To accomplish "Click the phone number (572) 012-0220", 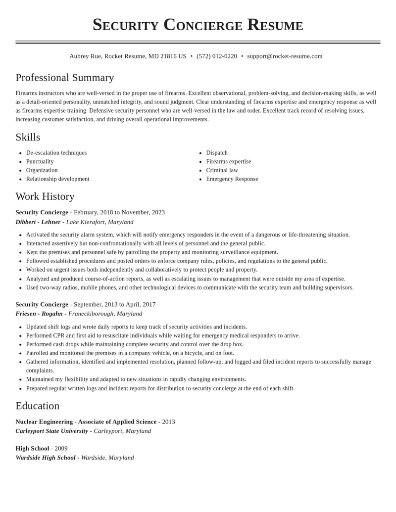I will (217, 56).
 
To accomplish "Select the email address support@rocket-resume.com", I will (285, 56).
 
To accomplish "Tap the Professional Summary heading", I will (65, 78).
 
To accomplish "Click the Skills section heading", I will (28, 137).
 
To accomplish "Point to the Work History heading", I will (45, 196).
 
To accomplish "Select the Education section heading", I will (38, 406).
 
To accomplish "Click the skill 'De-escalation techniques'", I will (56, 153).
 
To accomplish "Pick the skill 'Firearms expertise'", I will (229, 162).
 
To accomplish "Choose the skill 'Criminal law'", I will (222, 170).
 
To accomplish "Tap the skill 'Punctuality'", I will (40, 162).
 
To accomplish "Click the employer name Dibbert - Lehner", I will (38, 222).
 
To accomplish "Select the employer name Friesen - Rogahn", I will (39, 314).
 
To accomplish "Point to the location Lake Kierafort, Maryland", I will (99, 222).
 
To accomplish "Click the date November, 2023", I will (143, 212).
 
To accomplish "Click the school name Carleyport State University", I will (51, 431).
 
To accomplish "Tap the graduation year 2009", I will (61, 449).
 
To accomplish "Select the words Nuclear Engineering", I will (44, 422).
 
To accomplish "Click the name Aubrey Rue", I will (85, 56).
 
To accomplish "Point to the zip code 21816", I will (168, 56).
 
